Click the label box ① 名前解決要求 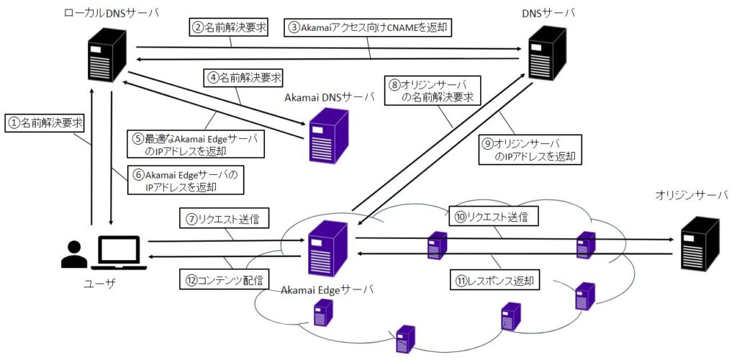pos(44,123)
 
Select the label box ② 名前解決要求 pos(229,27)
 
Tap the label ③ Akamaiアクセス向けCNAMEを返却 pos(371,27)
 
